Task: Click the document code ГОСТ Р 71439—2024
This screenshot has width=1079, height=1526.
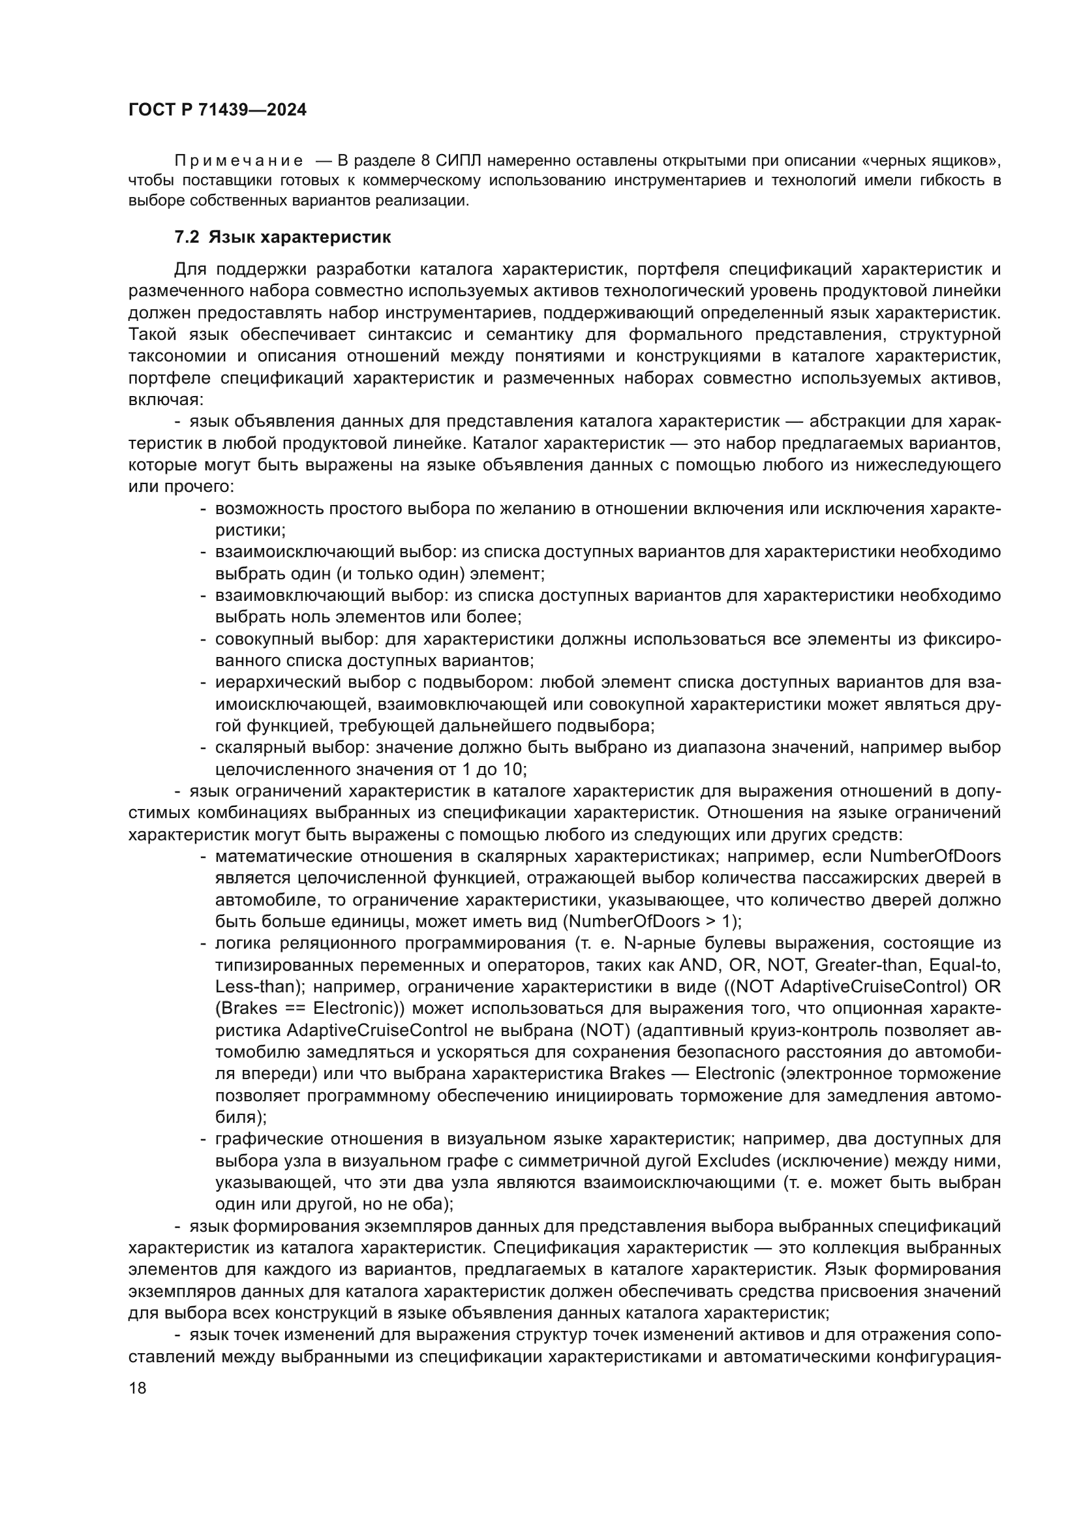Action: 217,110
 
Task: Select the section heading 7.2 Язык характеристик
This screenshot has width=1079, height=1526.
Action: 282,237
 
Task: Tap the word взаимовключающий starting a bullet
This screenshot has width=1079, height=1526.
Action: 277,596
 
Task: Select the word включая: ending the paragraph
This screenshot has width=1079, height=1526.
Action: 166,400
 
